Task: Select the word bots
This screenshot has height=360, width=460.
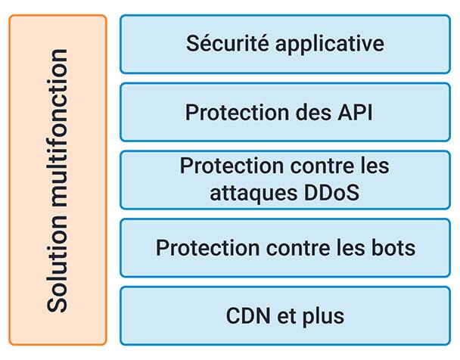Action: click(393, 247)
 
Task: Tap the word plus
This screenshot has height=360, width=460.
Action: click(322, 315)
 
